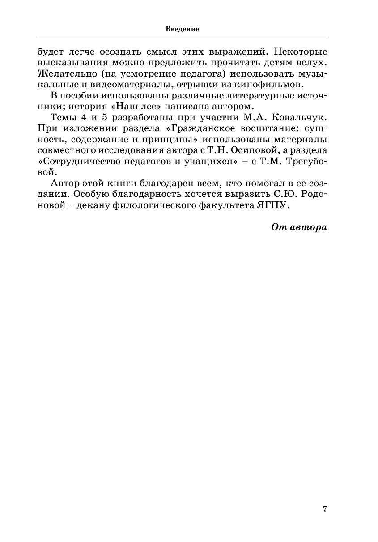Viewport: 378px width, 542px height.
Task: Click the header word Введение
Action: [x=182, y=29]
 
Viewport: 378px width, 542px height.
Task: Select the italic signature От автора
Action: [x=299, y=227]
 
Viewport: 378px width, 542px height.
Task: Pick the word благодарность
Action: [x=140, y=194]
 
